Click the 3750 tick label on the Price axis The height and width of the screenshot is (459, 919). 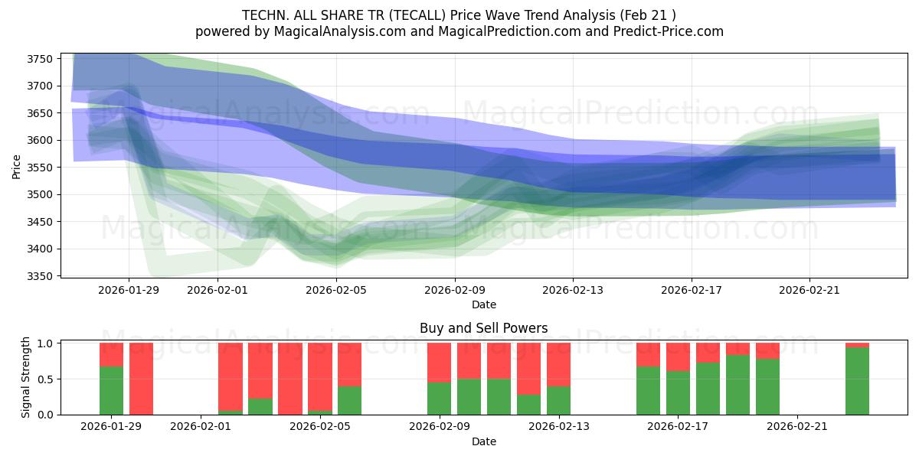[39, 59]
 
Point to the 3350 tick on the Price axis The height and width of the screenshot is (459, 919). [39, 276]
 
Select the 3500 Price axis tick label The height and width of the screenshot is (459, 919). [39, 194]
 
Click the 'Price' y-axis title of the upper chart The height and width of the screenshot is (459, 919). [17, 165]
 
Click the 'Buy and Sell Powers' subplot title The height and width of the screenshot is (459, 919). [483, 328]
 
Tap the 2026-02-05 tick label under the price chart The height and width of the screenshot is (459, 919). [336, 289]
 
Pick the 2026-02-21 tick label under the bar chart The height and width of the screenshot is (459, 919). [797, 426]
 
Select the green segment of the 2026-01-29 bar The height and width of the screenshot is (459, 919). [111, 390]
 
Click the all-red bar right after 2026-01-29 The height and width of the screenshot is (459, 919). [141, 379]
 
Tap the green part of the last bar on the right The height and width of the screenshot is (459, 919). [857, 381]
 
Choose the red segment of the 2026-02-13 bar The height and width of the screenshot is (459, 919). [558, 364]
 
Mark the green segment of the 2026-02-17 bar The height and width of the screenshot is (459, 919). [678, 392]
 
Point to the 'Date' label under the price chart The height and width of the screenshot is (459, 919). [483, 304]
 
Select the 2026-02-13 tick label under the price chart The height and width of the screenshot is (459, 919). [573, 289]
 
